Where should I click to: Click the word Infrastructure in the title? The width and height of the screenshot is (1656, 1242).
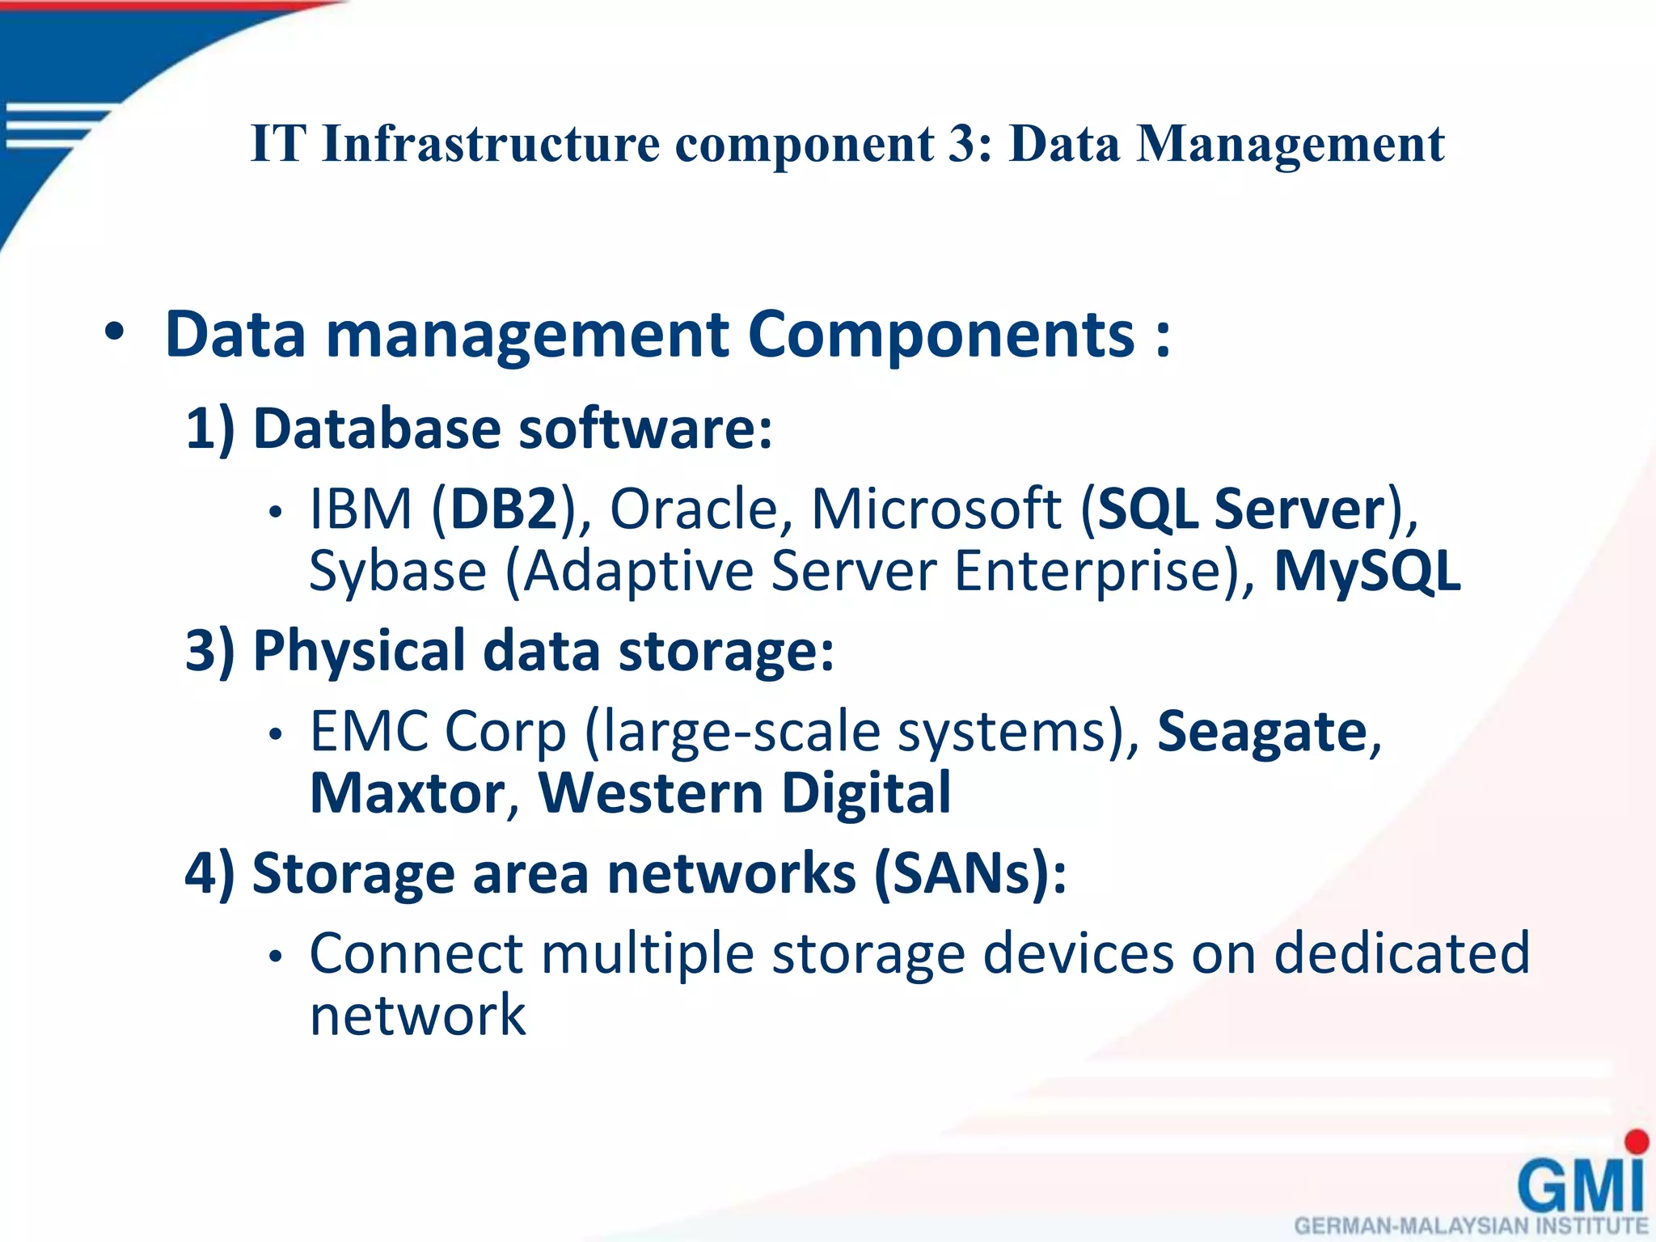point(491,144)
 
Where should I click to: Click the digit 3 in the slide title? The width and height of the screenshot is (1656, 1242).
point(961,144)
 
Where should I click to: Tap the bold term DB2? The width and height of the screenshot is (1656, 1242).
point(504,509)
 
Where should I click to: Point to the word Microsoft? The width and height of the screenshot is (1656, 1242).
point(936,509)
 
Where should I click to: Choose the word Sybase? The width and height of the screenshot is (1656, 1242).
point(398,571)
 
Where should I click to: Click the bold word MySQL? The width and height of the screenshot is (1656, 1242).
point(1367,571)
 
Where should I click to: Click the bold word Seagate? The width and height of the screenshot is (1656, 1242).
point(1261,732)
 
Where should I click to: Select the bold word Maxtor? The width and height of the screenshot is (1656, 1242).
point(408,793)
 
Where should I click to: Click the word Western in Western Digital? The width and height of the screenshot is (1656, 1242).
point(650,793)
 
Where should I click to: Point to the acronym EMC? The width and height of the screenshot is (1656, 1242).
point(369,732)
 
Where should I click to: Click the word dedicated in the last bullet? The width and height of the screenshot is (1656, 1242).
point(1401,953)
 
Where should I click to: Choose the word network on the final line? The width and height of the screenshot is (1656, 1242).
point(417,1016)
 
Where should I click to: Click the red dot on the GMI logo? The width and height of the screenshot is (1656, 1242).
point(1636,1142)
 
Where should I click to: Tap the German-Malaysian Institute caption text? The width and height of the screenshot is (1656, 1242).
point(1471,1226)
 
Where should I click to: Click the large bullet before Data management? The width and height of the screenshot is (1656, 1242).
point(115,332)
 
